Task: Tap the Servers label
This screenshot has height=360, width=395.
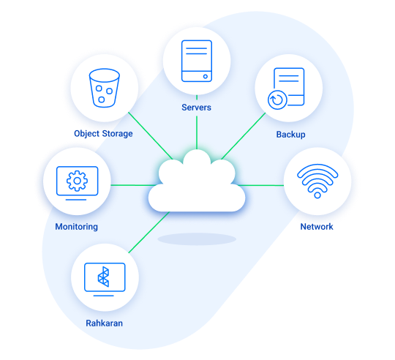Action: pyautogui.click(x=196, y=108)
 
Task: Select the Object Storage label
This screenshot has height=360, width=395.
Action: pyautogui.click(x=103, y=134)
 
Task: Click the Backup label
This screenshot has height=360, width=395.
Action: pyautogui.click(x=290, y=135)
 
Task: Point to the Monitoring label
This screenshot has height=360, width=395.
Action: pyautogui.click(x=77, y=227)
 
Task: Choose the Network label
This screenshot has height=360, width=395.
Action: pyautogui.click(x=317, y=227)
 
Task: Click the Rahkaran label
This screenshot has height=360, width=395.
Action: pyautogui.click(x=105, y=323)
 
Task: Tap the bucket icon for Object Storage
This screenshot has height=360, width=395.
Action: pyautogui.click(x=104, y=88)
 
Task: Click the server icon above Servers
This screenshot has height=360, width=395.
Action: pyautogui.click(x=197, y=61)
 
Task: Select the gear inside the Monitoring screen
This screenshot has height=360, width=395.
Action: pyautogui.click(x=77, y=181)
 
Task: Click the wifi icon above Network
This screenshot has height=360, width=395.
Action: pyautogui.click(x=317, y=181)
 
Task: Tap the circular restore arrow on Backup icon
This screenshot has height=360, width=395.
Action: pyautogui.click(x=277, y=100)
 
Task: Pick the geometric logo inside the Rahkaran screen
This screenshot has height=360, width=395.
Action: pyautogui.click(x=104, y=277)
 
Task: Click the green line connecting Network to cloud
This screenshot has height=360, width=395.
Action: pyautogui.click(x=260, y=185)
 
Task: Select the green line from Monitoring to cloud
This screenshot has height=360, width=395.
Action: pyautogui.click(x=133, y=185)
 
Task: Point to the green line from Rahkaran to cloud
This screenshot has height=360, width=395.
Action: pyautogui.click(x=149, y=232)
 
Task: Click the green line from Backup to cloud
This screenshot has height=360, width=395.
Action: pyautogui.click(x=244, y=136)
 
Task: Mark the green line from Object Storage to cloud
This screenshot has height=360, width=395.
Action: pyautogui.click(x=151, y=136)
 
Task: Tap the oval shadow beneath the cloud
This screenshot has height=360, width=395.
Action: pyautogui.click(x=197, y=239)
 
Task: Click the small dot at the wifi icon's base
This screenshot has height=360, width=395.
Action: pyautogui.click(x=317, y=195)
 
